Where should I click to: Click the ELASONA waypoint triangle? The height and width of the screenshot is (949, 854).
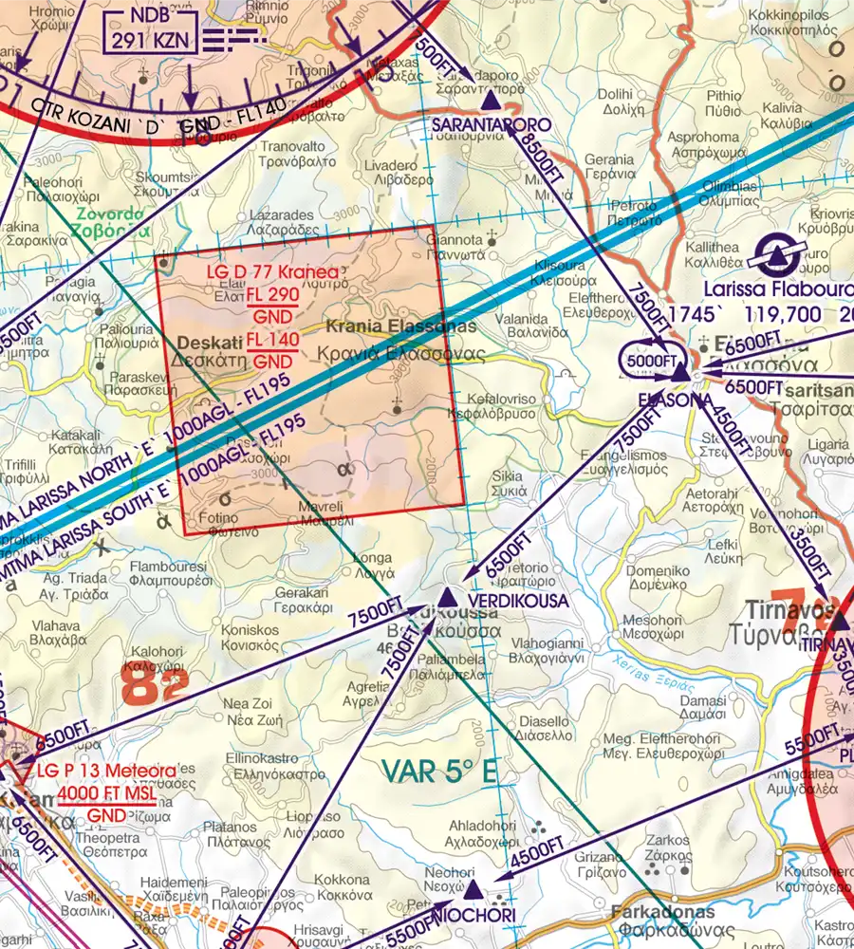click(x=679, y=376)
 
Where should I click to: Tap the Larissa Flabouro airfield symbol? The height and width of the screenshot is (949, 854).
click(x=775, y=254)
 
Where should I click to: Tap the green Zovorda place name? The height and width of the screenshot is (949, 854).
click(x=114, y=214)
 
